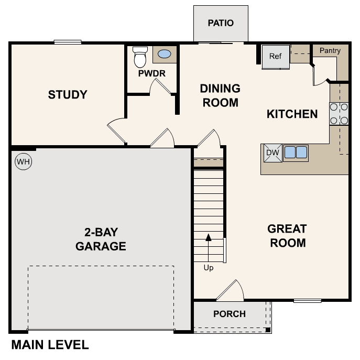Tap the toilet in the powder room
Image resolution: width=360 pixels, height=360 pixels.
(x=140, y=57)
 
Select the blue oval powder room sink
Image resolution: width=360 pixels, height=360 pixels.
(x=164, y=54)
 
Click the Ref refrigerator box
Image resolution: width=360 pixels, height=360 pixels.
(x=276, y=56)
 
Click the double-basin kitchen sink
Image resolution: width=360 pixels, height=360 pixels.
(x=296, y=152)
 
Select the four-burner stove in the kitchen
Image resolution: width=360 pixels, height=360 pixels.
(x=339, y=114)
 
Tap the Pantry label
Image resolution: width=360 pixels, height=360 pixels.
(x=330, y=51)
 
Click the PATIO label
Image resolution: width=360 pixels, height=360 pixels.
(x=221, y=23)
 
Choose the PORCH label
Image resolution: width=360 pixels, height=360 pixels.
(x=230, y=314)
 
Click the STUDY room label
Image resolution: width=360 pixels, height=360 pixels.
(x=68, y=95)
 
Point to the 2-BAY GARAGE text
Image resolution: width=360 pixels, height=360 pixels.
(x=101, y=239)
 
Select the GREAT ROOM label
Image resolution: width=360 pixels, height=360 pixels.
(x=287, y=236)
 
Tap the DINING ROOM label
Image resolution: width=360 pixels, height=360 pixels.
(x=220, y=95)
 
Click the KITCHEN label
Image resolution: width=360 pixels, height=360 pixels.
(x=292, y=114)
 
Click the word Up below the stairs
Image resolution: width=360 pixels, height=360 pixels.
(x=209, y=268)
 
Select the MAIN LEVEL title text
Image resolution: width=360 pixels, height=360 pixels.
(x=50, y=345)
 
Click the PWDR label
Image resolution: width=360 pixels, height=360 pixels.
(x=151, y=73)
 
